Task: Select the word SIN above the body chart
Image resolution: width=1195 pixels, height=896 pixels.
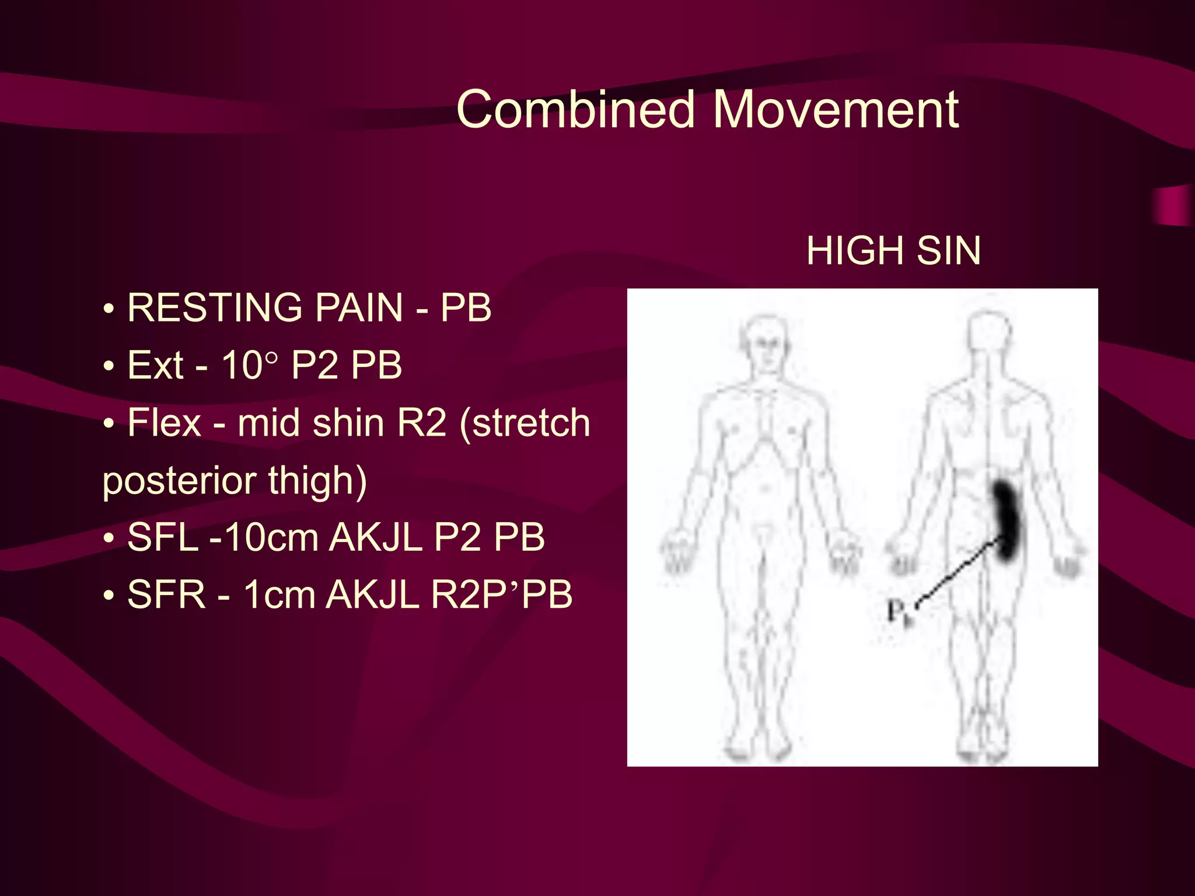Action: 949,251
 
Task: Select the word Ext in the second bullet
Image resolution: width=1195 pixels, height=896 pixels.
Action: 155,365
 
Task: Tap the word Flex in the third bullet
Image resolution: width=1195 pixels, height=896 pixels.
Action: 164,422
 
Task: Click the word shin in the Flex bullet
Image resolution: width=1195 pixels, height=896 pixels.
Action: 348,422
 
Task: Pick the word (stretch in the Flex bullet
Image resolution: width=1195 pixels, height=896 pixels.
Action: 525,422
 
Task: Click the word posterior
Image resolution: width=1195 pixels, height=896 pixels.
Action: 179,481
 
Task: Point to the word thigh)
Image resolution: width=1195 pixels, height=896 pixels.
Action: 317,481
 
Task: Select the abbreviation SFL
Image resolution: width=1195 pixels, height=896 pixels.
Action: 163,537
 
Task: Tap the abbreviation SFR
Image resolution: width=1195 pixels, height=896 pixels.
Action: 166,594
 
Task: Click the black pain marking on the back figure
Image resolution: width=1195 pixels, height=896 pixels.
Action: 1006,519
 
